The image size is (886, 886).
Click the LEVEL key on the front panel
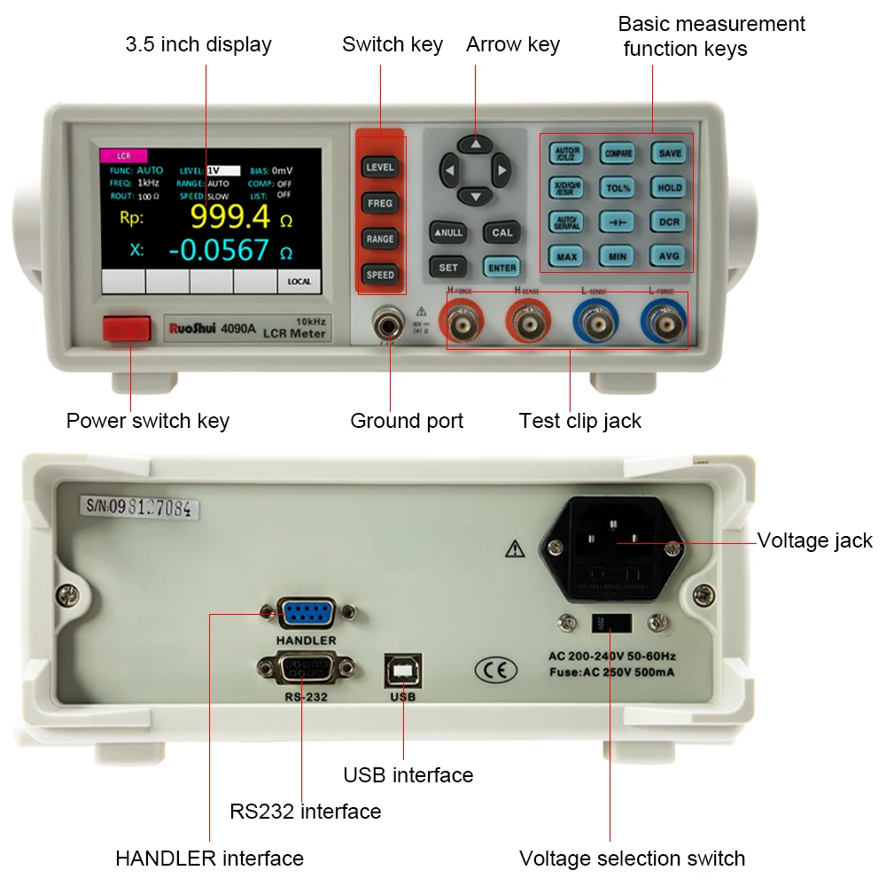point(380,167)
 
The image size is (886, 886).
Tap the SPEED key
point(380,275)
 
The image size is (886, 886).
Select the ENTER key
point(501,267)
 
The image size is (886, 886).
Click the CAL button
point(501,233)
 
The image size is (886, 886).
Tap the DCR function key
point(670,221)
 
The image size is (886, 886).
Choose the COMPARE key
point(618,153)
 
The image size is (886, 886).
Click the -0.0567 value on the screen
point(218,251)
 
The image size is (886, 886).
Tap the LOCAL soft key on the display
point(299,282)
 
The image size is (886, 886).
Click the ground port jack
point(387,325)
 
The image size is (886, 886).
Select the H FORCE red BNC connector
point(463,324)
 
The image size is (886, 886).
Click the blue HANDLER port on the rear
point(306,613)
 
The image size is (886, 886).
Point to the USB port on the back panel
point(402,671)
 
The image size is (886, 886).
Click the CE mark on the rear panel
point(495,670)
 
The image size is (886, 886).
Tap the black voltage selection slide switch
point(610,623)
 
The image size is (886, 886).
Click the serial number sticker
point(140,508)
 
